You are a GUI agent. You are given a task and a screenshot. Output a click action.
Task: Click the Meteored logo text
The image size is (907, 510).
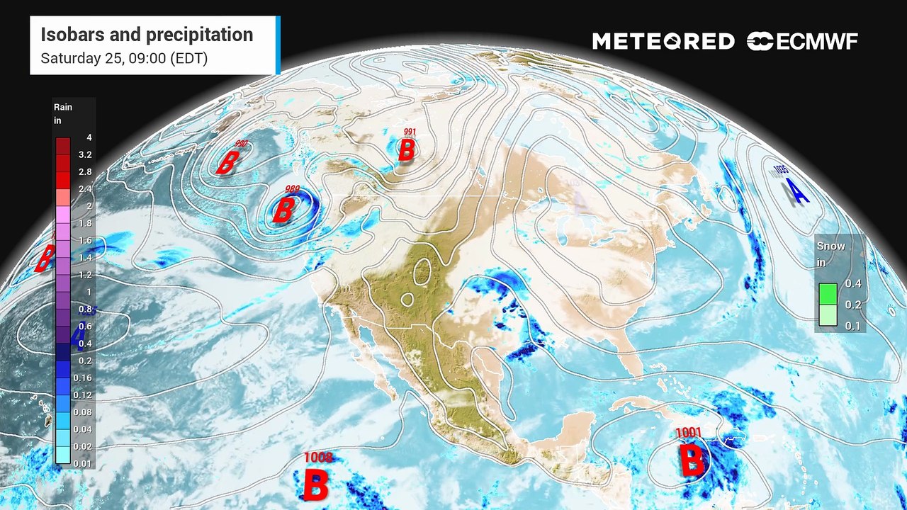tap(663, 42)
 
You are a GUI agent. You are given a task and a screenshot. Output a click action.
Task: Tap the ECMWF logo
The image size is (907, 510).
tap(802, 42)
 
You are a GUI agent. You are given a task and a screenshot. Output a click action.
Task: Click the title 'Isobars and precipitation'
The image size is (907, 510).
tap(147, 35)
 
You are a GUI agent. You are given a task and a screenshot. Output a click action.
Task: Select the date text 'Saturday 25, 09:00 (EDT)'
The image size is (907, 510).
tap(124, 59)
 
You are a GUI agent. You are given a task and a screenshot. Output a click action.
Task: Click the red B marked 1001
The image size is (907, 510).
tap(692, 460)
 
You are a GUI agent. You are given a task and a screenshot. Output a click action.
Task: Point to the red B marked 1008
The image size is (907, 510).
tap(316, 485)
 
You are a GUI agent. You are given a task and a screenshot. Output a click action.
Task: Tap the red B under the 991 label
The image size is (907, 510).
tap(407, 150)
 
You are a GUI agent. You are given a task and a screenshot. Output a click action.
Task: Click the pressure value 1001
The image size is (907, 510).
tap(688, 433)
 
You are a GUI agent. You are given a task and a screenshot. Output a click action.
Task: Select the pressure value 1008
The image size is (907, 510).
tap(318, 458)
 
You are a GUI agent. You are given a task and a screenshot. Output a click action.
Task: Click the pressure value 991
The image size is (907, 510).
tap(410, 132)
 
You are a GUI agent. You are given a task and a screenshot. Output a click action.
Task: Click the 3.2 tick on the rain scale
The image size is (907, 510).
tap(85, 154)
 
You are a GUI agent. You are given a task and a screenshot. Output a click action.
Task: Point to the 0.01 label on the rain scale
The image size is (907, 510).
tap(84, 463)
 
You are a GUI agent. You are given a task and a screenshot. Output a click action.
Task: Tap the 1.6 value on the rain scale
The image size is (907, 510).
tap(85, 240)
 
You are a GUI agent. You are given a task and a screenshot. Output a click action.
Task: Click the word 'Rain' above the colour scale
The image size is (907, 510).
tap(63, 107)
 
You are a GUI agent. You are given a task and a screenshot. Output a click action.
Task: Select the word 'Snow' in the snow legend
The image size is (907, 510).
tap(831, 246)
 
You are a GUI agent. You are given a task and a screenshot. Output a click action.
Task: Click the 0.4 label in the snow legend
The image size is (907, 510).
tap(853, 284)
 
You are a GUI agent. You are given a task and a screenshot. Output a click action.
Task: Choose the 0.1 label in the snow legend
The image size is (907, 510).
tap(853, 326)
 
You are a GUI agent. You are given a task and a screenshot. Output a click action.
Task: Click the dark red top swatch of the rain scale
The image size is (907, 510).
tap(63, 145)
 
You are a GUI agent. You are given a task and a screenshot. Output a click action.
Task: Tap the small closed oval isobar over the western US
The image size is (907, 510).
tap(423, 271)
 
